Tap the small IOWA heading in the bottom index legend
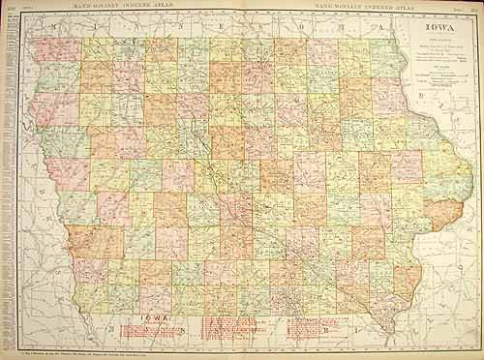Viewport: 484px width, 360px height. pos(155,319)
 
